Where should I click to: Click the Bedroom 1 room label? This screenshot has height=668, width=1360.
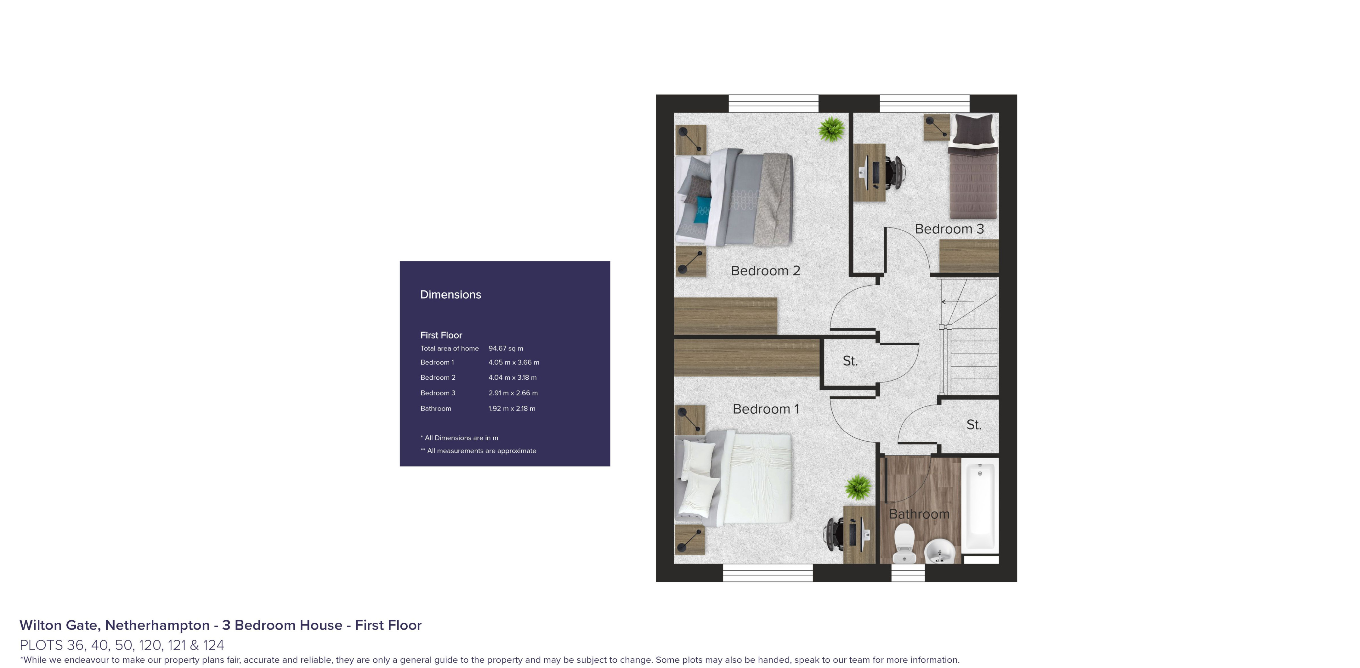[x=766, y=409]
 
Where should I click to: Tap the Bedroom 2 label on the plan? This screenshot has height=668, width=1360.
[x=765, y=271]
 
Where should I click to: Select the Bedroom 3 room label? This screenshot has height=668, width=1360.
[x=949, y=229]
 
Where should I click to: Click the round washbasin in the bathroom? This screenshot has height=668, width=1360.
[x=940, y=551]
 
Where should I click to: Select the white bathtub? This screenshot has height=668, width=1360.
[x=979, y=507]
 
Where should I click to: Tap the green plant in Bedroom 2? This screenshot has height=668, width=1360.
[x=831, y=129]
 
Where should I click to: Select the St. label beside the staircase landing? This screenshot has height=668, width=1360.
[x=849, y=361]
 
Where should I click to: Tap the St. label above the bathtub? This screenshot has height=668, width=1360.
[x=973, y=425]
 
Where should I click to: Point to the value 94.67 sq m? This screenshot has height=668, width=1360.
[x=505, y=348]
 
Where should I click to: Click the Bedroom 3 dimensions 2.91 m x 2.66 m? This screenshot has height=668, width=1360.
[x=513, y=393]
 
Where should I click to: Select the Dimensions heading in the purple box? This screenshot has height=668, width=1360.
[x=450, y=295]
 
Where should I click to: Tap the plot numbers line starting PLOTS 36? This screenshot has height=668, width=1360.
[x=122, y=645]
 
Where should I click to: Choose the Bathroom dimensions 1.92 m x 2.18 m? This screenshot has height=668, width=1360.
[x=511, y=408]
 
